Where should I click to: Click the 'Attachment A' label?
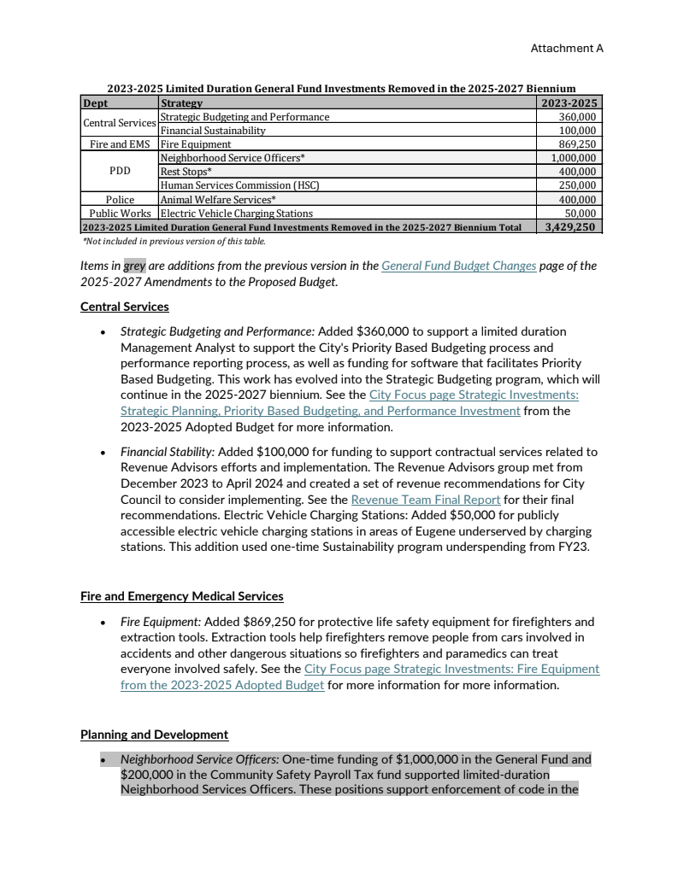click(x=567, y=49)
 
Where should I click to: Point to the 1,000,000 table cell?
click(x=571, y=158)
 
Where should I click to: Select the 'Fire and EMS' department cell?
click(x=120, y=144)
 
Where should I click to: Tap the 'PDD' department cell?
click(x=120, y=172)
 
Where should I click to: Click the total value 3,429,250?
click(x=570, y=227)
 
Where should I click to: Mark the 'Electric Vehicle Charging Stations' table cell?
click(x=237, y=214)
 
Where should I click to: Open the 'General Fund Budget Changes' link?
click(x=458, y=266)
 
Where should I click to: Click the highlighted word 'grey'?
click(x=135, y=266)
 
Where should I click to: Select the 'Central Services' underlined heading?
click(x=125, y=307)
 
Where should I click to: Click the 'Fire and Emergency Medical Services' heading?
click(x=182, y=596)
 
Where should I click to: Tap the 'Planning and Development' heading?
click(x=154, y=735)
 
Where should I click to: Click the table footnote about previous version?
click(x=174, y=242)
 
